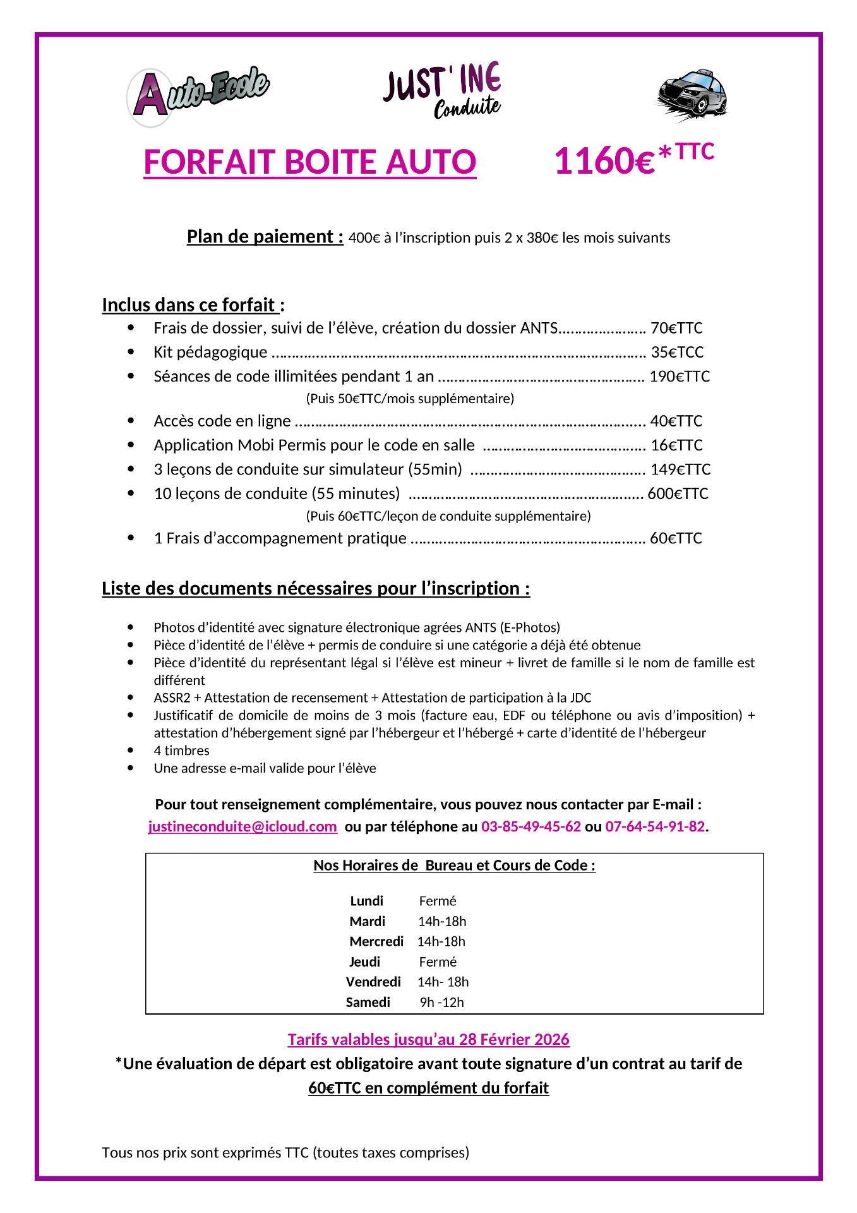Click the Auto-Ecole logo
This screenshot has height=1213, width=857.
pos(198,95)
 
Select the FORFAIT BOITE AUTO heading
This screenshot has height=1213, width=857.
pos(309,162)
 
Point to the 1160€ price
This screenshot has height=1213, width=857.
pos(604,160)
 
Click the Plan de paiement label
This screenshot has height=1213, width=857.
pos(265,237)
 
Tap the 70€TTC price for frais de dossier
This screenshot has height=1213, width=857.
pos(676,328)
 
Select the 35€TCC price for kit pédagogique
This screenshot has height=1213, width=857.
pos(677,352)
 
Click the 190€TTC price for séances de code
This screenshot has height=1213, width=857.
pos(680,377)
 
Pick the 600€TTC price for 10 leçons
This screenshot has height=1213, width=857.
pos(678,493)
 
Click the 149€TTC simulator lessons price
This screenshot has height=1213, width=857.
pos(680,469)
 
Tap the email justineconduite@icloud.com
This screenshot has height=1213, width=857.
pos(243,826)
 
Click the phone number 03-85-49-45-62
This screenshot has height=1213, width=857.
pos(530,826)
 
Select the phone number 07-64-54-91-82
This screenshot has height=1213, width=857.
pos(655,826)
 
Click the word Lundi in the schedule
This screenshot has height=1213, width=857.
pos(366,901)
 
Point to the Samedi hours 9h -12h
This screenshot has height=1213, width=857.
pos(441,1002)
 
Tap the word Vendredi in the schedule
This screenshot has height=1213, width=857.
pos(373,982)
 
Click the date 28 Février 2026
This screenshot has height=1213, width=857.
pos(514,1039)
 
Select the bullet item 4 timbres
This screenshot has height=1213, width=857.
pos(181,751)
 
